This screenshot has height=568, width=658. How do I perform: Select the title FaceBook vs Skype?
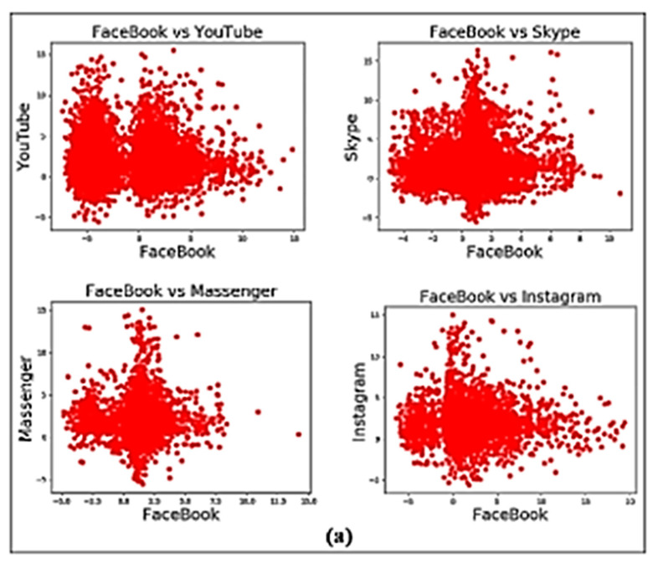[x=504, y=33]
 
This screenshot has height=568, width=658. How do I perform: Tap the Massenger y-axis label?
[x=25, y=398]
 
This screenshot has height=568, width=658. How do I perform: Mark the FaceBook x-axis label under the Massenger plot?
[x=182, y=514]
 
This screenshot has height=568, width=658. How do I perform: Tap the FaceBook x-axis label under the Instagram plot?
[x=511, y=514]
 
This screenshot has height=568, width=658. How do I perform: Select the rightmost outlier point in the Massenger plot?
[x=299, y=434]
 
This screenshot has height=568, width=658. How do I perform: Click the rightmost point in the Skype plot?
[x=620, y=193]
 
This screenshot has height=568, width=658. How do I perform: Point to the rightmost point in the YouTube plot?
[x=293, y=150]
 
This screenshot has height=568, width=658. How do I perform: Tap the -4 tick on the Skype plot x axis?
[x=405, y=238]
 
